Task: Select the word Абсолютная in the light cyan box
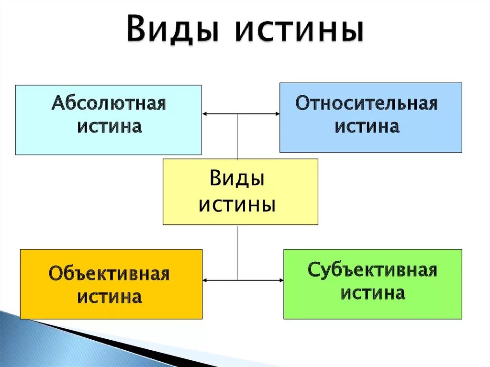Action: [x=109, y=104]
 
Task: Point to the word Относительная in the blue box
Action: [x=367, y=103]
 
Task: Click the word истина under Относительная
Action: [x=367, y=126]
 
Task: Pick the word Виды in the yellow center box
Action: [x=237, y=180]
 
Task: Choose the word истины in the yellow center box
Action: [x=237, y=205]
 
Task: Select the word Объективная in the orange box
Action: [x=110, y=275]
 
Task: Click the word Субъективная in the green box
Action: [x=372, y=270]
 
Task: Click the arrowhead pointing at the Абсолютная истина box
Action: [x=205, y=114]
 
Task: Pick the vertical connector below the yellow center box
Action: [x=237, y=252]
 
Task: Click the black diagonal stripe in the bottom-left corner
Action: [x=120, y=343]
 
